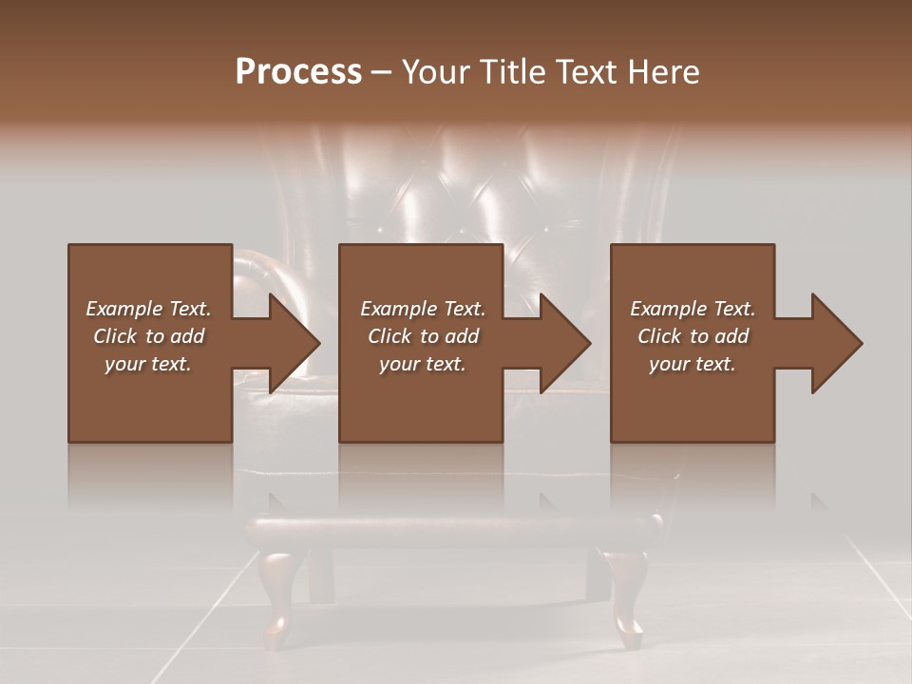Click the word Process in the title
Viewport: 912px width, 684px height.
(x=298, y=72)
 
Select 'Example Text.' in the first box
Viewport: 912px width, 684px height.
(x=148, y=309)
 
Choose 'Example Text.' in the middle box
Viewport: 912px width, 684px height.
(x=423, y=309)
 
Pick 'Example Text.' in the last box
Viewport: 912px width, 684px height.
(x=693, y=309)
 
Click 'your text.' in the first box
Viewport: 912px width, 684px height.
(x=148, y=364)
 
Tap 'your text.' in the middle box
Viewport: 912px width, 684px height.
(x=423, y=364)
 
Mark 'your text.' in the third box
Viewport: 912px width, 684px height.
(x=693, y=364)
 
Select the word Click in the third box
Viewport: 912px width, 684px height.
(x=660, y=336)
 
